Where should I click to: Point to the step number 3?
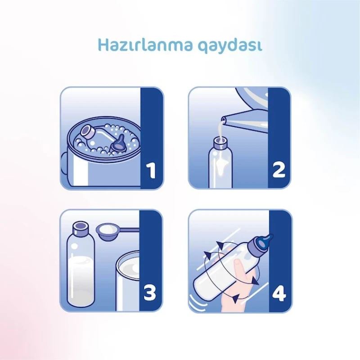tap(150, 294)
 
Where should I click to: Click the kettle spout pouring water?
tap(233, 120)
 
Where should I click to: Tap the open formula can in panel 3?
tap(129, 274)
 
